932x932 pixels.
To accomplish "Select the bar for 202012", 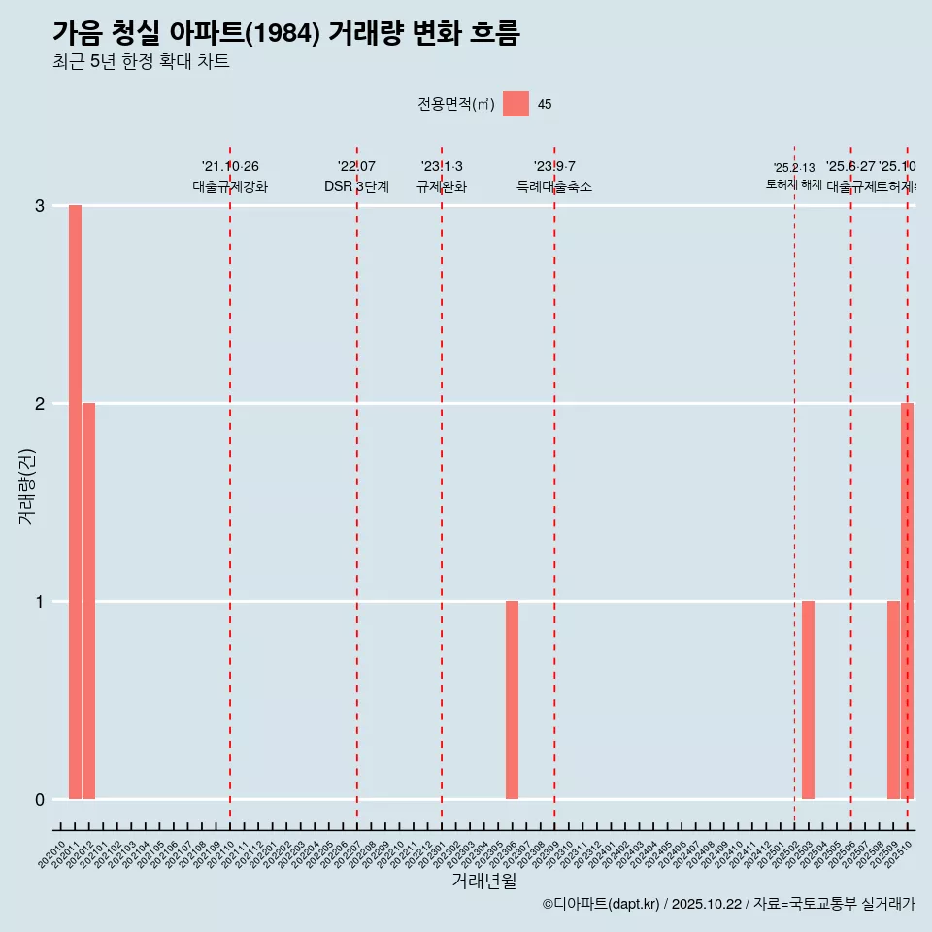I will coord(88,601).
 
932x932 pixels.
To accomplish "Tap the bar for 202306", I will coord(512,700).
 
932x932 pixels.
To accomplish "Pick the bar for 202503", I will coord(808,700).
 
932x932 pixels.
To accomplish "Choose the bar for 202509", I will coord(893,700).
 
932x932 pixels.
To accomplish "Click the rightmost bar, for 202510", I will coord(908,601).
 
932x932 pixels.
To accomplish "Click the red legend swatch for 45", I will coord(516,104).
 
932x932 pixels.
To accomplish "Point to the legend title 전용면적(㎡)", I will coord(455,105).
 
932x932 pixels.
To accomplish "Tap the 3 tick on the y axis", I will coord(40,206).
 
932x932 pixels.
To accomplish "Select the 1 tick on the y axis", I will coord(40,602).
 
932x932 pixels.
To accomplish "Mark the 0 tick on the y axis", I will coord(40,800).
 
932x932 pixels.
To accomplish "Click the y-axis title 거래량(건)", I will coord(27,485).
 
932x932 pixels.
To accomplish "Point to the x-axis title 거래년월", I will coord(483,881).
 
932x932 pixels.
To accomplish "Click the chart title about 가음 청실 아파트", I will coord(286,34).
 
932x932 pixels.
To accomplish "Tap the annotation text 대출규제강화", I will coord(230,186).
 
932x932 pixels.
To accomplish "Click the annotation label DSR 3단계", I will coord(356,186).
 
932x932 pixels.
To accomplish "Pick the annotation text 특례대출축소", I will coord(553,186).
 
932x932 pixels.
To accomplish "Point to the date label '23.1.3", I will coord(442,167).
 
